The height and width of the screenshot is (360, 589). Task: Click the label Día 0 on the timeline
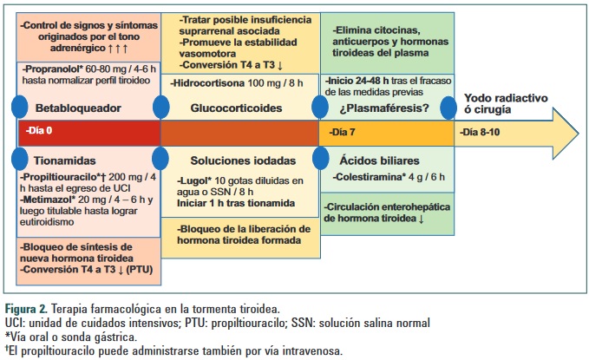pyautogui.click(x=41, y=133)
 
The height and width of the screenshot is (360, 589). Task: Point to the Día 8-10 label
pyautogui.click(x=480, y=133)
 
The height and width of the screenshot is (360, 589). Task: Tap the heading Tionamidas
pyautogui.click(x=65, y=160)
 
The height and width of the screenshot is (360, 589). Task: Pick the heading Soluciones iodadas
pyautogui.click(x=242, y=160)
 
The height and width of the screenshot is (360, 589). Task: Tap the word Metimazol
pyautogui.click(x=47, y=199)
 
